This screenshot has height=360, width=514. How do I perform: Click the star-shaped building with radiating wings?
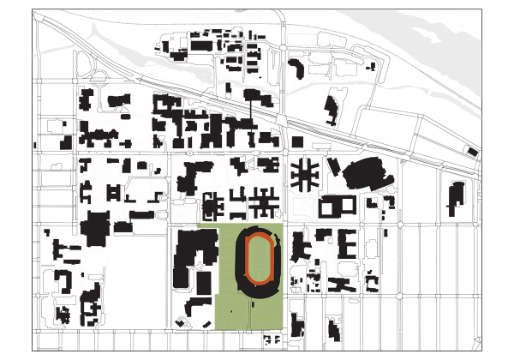(302, 175)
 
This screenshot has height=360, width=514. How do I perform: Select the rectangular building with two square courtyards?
(337, 206)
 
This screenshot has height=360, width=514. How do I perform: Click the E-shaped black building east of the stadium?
(346, 243)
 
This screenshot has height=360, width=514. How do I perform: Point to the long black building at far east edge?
(455, 199)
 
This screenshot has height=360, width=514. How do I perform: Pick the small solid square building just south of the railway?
(297, 141)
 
